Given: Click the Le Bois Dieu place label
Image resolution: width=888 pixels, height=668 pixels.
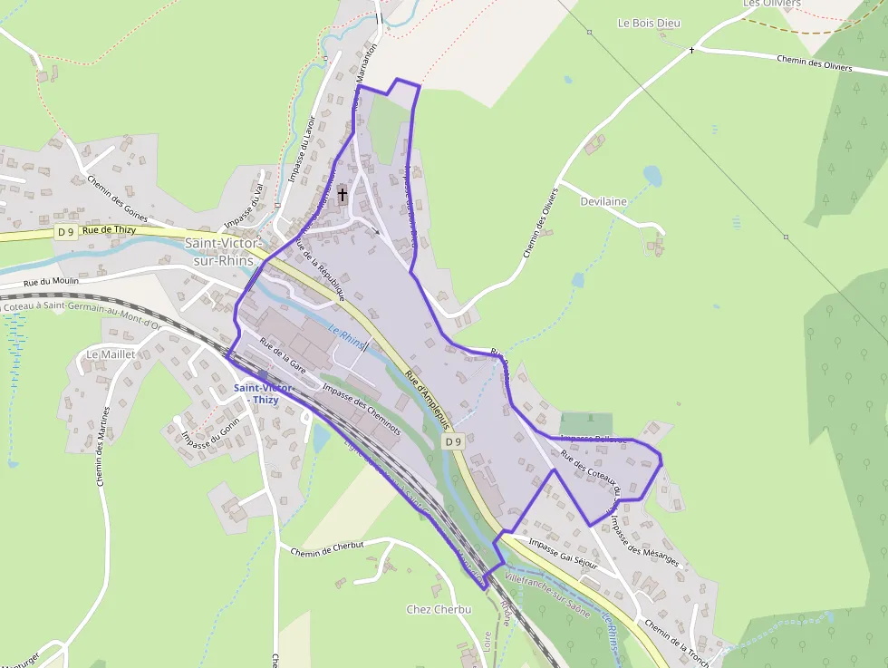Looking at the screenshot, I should (x=648, y=23).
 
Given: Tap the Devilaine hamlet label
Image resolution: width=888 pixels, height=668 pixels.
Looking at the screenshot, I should (x=603, y=201).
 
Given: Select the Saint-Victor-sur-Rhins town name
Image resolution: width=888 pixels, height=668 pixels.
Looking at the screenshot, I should (x=224, y=251).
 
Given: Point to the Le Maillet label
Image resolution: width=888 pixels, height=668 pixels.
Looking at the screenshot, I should (x=111, y=353).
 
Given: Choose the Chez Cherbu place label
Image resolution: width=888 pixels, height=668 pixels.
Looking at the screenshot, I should (x=439, y=609).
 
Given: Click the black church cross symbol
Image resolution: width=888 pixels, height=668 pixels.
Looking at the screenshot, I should (x=343, y=194).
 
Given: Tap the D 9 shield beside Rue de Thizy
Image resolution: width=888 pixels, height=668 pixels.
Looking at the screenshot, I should (x=65, y=231).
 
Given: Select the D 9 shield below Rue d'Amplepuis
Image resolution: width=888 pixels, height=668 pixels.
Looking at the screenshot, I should (x=454, y=441).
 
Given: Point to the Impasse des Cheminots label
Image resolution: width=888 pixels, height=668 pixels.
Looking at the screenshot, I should (x=361, y=411).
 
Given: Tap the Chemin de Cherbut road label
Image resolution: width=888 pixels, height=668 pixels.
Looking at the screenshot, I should (x=327, y=548).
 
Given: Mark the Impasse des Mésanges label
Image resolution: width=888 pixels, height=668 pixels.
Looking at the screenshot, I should (x=644, y=541).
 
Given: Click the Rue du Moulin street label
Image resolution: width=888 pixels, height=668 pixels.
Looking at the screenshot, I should (x=52, y=282).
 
